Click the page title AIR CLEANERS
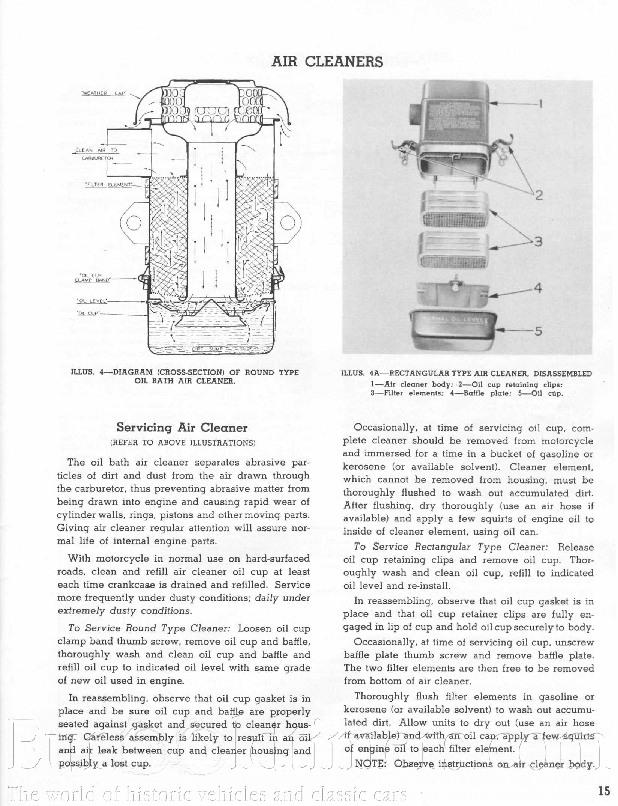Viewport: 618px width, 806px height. coord(327,62)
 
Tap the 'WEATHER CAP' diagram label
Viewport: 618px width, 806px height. coord(104,93)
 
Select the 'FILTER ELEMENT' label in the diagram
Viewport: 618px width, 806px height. coord(109,185)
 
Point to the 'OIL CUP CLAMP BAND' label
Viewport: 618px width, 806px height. coord(92,278)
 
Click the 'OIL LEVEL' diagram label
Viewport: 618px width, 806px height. coord(92,301)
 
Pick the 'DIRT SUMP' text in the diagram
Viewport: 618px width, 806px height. coord(207,349)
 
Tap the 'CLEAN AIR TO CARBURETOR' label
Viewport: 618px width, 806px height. coord(97,154)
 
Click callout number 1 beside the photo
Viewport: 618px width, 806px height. coord(540,104)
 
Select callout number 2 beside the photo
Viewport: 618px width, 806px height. coord(538,195)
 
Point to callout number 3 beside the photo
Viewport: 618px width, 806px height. coord(538,241)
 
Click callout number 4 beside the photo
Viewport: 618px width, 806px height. coord(538,288)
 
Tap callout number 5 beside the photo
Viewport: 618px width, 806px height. coord(538,331)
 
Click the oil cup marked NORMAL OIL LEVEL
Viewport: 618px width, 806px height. coord(454,328)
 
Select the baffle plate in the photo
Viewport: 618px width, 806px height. coord(453,292)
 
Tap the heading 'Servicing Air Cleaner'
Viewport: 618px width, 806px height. coord(182,428)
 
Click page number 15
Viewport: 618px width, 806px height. coord(604,791)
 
